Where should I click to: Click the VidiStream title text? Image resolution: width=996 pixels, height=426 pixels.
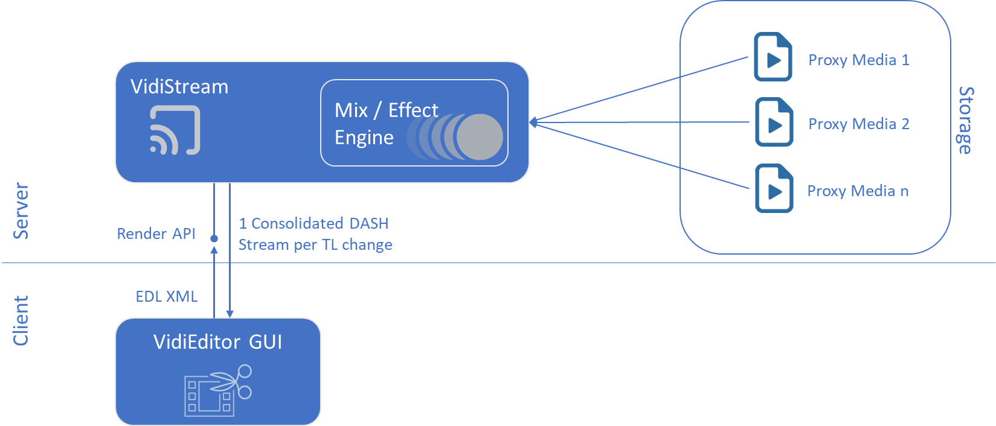[179, 87]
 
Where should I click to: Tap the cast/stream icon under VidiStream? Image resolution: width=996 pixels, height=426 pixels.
[175, 130]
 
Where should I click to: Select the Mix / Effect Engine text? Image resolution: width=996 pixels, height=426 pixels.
[386, 124]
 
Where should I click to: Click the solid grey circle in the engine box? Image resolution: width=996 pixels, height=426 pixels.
[480, 137]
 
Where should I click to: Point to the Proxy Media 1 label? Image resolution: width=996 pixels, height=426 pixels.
[858, 60]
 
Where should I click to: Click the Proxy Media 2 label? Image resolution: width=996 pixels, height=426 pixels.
[858, 124]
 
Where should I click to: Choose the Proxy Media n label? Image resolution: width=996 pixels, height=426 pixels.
[858, 191]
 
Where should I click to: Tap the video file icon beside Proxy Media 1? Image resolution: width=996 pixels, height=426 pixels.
[773, 57]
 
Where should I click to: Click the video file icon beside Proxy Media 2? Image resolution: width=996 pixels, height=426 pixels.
[774, 122]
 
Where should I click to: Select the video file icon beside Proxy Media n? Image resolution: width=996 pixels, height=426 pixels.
[774, 188]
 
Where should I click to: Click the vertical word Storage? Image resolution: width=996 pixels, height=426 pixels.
[966, 120]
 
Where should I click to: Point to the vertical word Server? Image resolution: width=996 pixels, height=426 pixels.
[21, 211]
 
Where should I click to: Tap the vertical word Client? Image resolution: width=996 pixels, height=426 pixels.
[21, 320]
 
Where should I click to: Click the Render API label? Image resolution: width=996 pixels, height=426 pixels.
[156, 234]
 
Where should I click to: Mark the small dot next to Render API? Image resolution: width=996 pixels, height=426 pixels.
[214, 239]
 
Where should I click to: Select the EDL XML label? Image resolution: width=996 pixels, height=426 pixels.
[167, 296]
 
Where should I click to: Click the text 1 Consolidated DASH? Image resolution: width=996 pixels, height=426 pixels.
[313, 223]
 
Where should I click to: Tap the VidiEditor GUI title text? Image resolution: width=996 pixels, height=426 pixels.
[217, 342]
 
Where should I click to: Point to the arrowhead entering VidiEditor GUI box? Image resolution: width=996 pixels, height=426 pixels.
[230, 313]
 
